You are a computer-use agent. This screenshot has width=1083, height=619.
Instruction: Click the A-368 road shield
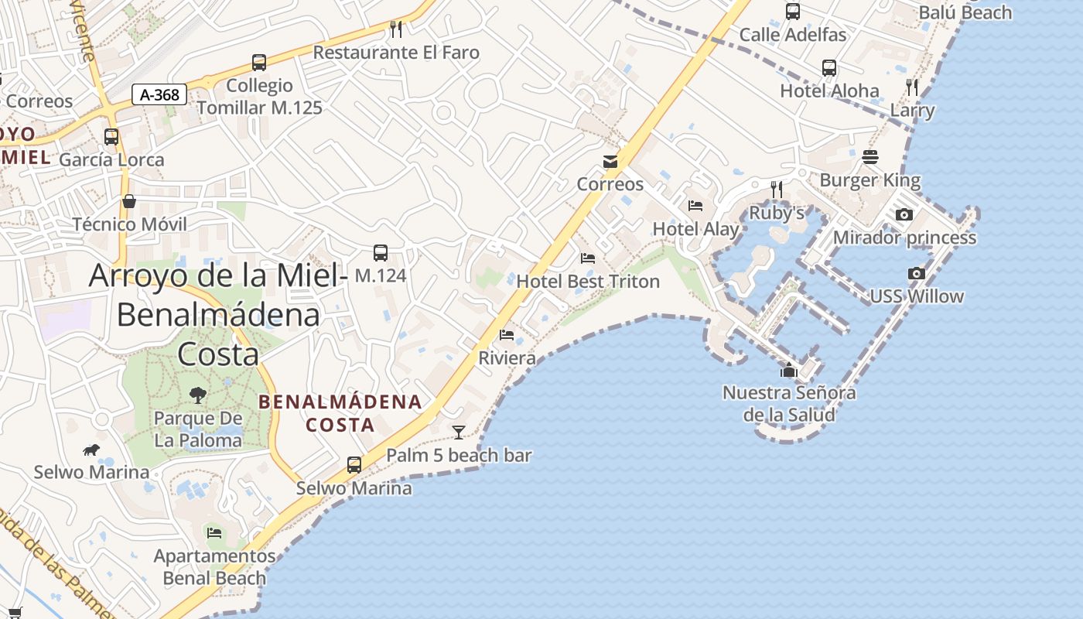(160, 95)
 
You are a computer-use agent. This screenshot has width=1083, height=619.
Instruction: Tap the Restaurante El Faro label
(396, 53)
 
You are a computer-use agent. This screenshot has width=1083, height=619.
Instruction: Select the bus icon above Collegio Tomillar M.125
(259, 63)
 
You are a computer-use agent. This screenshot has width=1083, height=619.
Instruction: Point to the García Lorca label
(111, 160)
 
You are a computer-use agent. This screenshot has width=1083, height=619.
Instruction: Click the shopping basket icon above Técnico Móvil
(129, 201)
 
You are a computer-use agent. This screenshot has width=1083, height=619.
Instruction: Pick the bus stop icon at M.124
(380, 253)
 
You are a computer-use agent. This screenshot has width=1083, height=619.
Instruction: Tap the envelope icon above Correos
(610, 162)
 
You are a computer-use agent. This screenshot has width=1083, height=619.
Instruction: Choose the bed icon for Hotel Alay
(695, 206)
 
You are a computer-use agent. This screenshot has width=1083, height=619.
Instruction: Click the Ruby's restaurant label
(777, 213)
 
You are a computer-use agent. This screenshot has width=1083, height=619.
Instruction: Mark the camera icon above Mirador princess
(904, 215)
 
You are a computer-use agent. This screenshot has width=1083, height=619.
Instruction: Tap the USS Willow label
(917, 296)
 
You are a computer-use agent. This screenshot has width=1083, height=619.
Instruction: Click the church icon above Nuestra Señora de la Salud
(789, 371)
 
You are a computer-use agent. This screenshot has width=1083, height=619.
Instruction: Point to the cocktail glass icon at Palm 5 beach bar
(459, 433)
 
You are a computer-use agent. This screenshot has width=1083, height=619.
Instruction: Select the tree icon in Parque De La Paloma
(198, 395)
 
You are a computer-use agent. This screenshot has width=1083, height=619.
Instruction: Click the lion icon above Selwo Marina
(91, 450)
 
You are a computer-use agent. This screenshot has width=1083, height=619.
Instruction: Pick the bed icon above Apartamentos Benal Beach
(214, 532)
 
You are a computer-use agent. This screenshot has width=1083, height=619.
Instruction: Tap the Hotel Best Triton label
(588, 282)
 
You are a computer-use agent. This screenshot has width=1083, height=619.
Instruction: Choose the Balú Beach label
(965, 12)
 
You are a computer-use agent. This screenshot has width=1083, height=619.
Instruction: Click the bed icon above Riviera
(507, 335)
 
